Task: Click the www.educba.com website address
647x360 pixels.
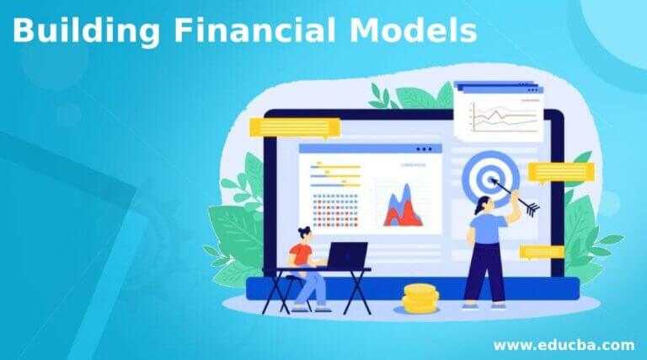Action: (563, 344)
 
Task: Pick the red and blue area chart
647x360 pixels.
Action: (404, 208)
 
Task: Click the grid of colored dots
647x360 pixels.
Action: (336, 210)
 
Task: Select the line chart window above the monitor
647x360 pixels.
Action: (496, 110)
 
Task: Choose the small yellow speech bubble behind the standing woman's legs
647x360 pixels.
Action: (541, 251)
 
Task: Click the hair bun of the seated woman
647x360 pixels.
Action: (306, 229)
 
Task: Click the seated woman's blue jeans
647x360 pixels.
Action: (316, 286)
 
